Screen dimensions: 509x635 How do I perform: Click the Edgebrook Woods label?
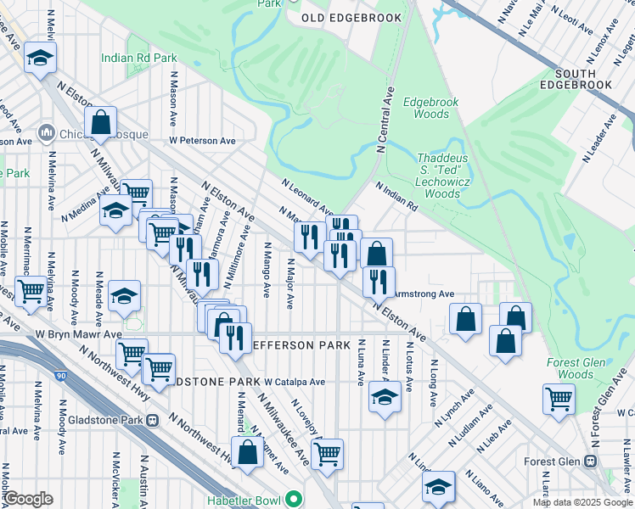coord(430,108)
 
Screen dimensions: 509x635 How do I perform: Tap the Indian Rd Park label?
coord(138,58)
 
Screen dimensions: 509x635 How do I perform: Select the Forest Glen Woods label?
coord(576,369)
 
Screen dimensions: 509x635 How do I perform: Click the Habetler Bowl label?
coord(247,499)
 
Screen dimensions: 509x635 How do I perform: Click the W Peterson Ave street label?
coord(202,141)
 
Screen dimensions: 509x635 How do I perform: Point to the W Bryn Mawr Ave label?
coord(78,335)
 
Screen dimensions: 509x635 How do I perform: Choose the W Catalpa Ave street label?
coord(294,382)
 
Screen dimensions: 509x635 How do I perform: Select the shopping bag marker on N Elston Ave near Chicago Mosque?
coord(100,122)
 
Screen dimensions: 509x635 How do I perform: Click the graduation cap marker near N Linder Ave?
coord(385,396)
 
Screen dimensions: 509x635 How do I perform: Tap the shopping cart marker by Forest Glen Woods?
coord(559,398)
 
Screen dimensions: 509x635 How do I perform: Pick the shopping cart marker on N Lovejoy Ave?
coord(327,454)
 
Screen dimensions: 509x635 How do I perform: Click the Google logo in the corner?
coord(27,499)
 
